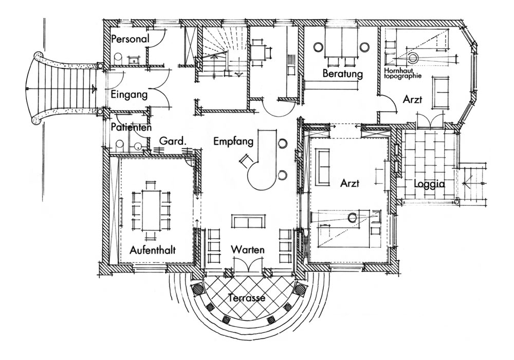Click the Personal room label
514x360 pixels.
point(130,39)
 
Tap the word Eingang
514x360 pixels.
point(129,95)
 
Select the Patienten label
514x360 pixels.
point(131,127)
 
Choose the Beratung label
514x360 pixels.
point(343,74)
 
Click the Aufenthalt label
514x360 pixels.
point(154,250)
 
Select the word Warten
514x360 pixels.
point(248,250)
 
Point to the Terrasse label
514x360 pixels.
point(248,297)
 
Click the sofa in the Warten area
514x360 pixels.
point(248,222)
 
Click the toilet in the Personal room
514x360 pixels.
point(118,57)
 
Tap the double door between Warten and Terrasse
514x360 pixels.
point(248,266)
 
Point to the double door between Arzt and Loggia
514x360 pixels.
point(429,121)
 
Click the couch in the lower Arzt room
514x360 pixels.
point(323,167)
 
